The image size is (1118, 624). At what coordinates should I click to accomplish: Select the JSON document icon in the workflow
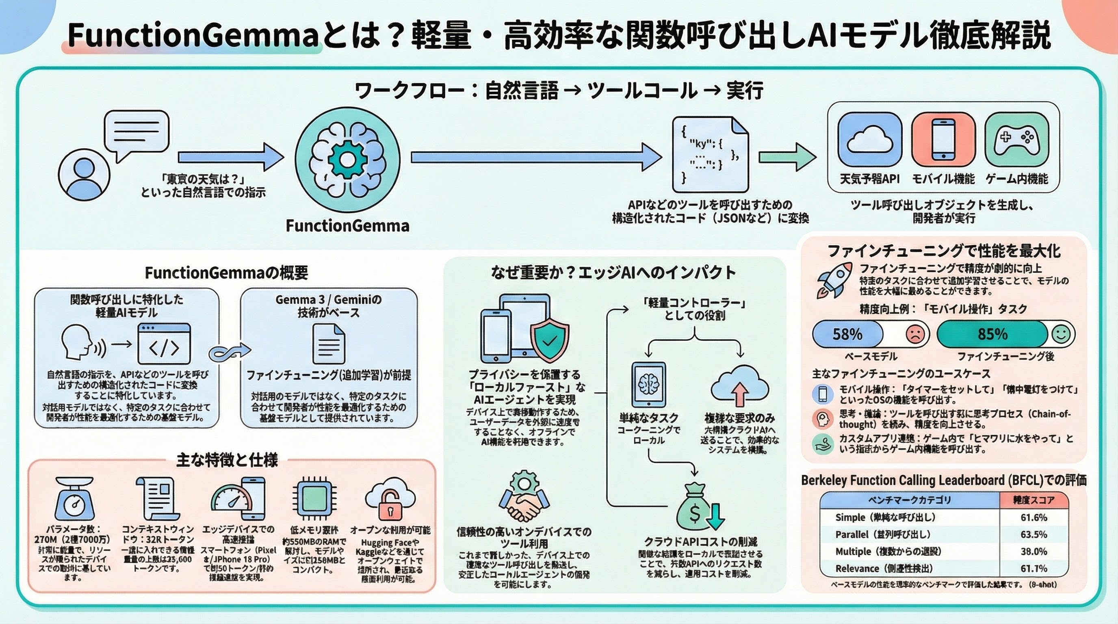click(x=710, y=154)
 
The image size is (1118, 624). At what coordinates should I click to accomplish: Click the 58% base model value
click(x=847, y=334)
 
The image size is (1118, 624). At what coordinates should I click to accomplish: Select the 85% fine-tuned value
click(x=992, y=334)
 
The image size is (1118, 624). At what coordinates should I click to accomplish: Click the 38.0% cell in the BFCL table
click(x=1033, y=552)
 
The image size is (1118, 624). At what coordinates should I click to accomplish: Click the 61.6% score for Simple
click(x=1033, y=517)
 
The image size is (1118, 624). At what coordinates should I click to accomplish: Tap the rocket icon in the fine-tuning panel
click(x=834, y=279)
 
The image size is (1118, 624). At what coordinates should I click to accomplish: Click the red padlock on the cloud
click(x=390, y=504)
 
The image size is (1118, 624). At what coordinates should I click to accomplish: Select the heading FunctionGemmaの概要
click(x=226, y=273)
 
